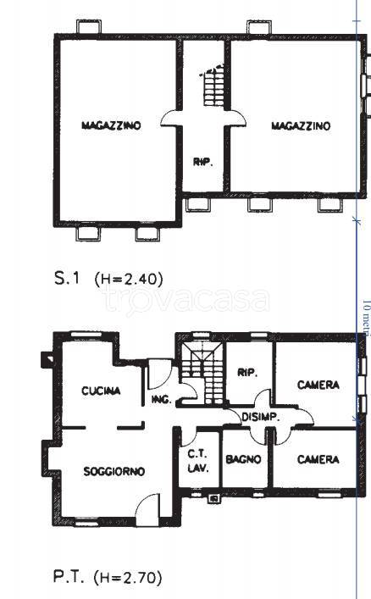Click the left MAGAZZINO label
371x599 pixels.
tap(111, 125)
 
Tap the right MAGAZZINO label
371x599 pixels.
tap(301, 126)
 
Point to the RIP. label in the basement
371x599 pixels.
tap(202, 163)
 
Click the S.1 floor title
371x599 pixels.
tap(67, 278)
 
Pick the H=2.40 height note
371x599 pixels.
tap(129, 279)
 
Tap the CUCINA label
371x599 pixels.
tap(101, 391)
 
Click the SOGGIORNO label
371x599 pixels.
tap(114, 471)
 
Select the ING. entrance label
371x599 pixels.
tap(161, 400)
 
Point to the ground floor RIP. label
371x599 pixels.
tap(247, 373)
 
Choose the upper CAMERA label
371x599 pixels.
tap(318, 385)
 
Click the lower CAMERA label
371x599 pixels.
tap(318, 459)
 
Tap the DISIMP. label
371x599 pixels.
tap(261, 417)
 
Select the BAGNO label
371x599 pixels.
tap(243, 459)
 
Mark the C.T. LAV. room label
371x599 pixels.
tap(198, 461)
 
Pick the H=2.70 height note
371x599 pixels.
tap(128, 578)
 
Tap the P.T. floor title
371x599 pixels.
tap(69, 576)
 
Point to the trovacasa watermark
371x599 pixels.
tap(186, 300)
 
